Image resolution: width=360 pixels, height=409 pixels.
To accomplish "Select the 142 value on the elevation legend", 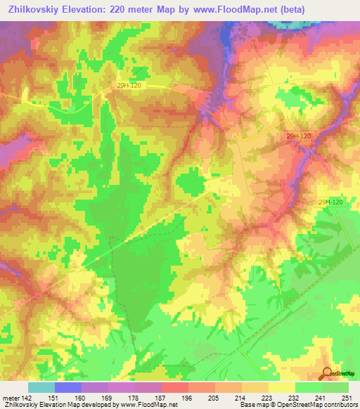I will [x=27, y=398].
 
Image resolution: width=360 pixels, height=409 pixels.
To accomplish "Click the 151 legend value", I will [x=54, y=398].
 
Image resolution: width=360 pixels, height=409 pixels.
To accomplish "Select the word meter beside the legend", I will [x=11, y=398].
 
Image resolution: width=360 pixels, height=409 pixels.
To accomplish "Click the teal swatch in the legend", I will [x=41, y=387].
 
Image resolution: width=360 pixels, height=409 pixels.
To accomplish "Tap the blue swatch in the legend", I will [x=68, y=387].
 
